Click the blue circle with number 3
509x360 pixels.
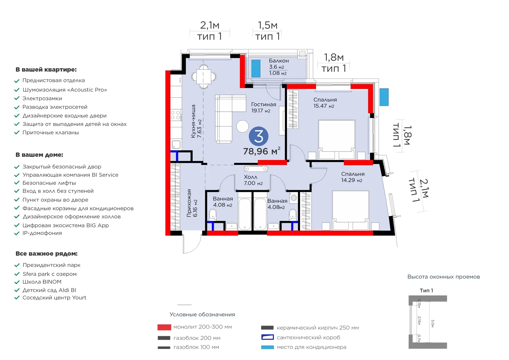pyautogui.click(x=258, y=136)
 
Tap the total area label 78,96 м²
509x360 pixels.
pyautogui.click(x=261, y=151)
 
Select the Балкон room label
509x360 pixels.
pyautogui.click(x=279, y=61)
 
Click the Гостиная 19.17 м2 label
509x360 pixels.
pyautogui.click(x=264, y=108)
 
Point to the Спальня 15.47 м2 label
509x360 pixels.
pyautogui.click(x=325, y=103)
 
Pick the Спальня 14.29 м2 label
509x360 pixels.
pyautogui.click(x=353, y=177)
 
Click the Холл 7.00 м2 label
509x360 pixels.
pyautogui.click(x=253, y=180)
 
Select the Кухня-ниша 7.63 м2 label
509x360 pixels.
pyautogui.click(x=196, y=121)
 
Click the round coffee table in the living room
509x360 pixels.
pyautogui.click(x=242, y=126)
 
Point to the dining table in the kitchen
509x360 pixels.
pyautogui.click(x=204, y=76)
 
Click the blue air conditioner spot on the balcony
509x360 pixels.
pyautogui.click(x=256, y=68)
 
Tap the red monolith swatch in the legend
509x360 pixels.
pyautogui.click(x=164, y=327)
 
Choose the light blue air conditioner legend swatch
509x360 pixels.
pyautogui.click(x=267, y=347)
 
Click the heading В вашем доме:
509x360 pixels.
pyautogui.click(x=39, y=155)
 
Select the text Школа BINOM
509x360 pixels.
pyautogui.click(x=42, y=282)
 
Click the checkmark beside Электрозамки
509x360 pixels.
pyautogui.click(x=17, y=98)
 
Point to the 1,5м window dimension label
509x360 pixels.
pyautogui.click(x=268, y=25)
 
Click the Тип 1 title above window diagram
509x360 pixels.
pyautogui.click(x=426, y=290)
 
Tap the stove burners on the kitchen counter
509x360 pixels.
pyautogui.click(x=176, y=115)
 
